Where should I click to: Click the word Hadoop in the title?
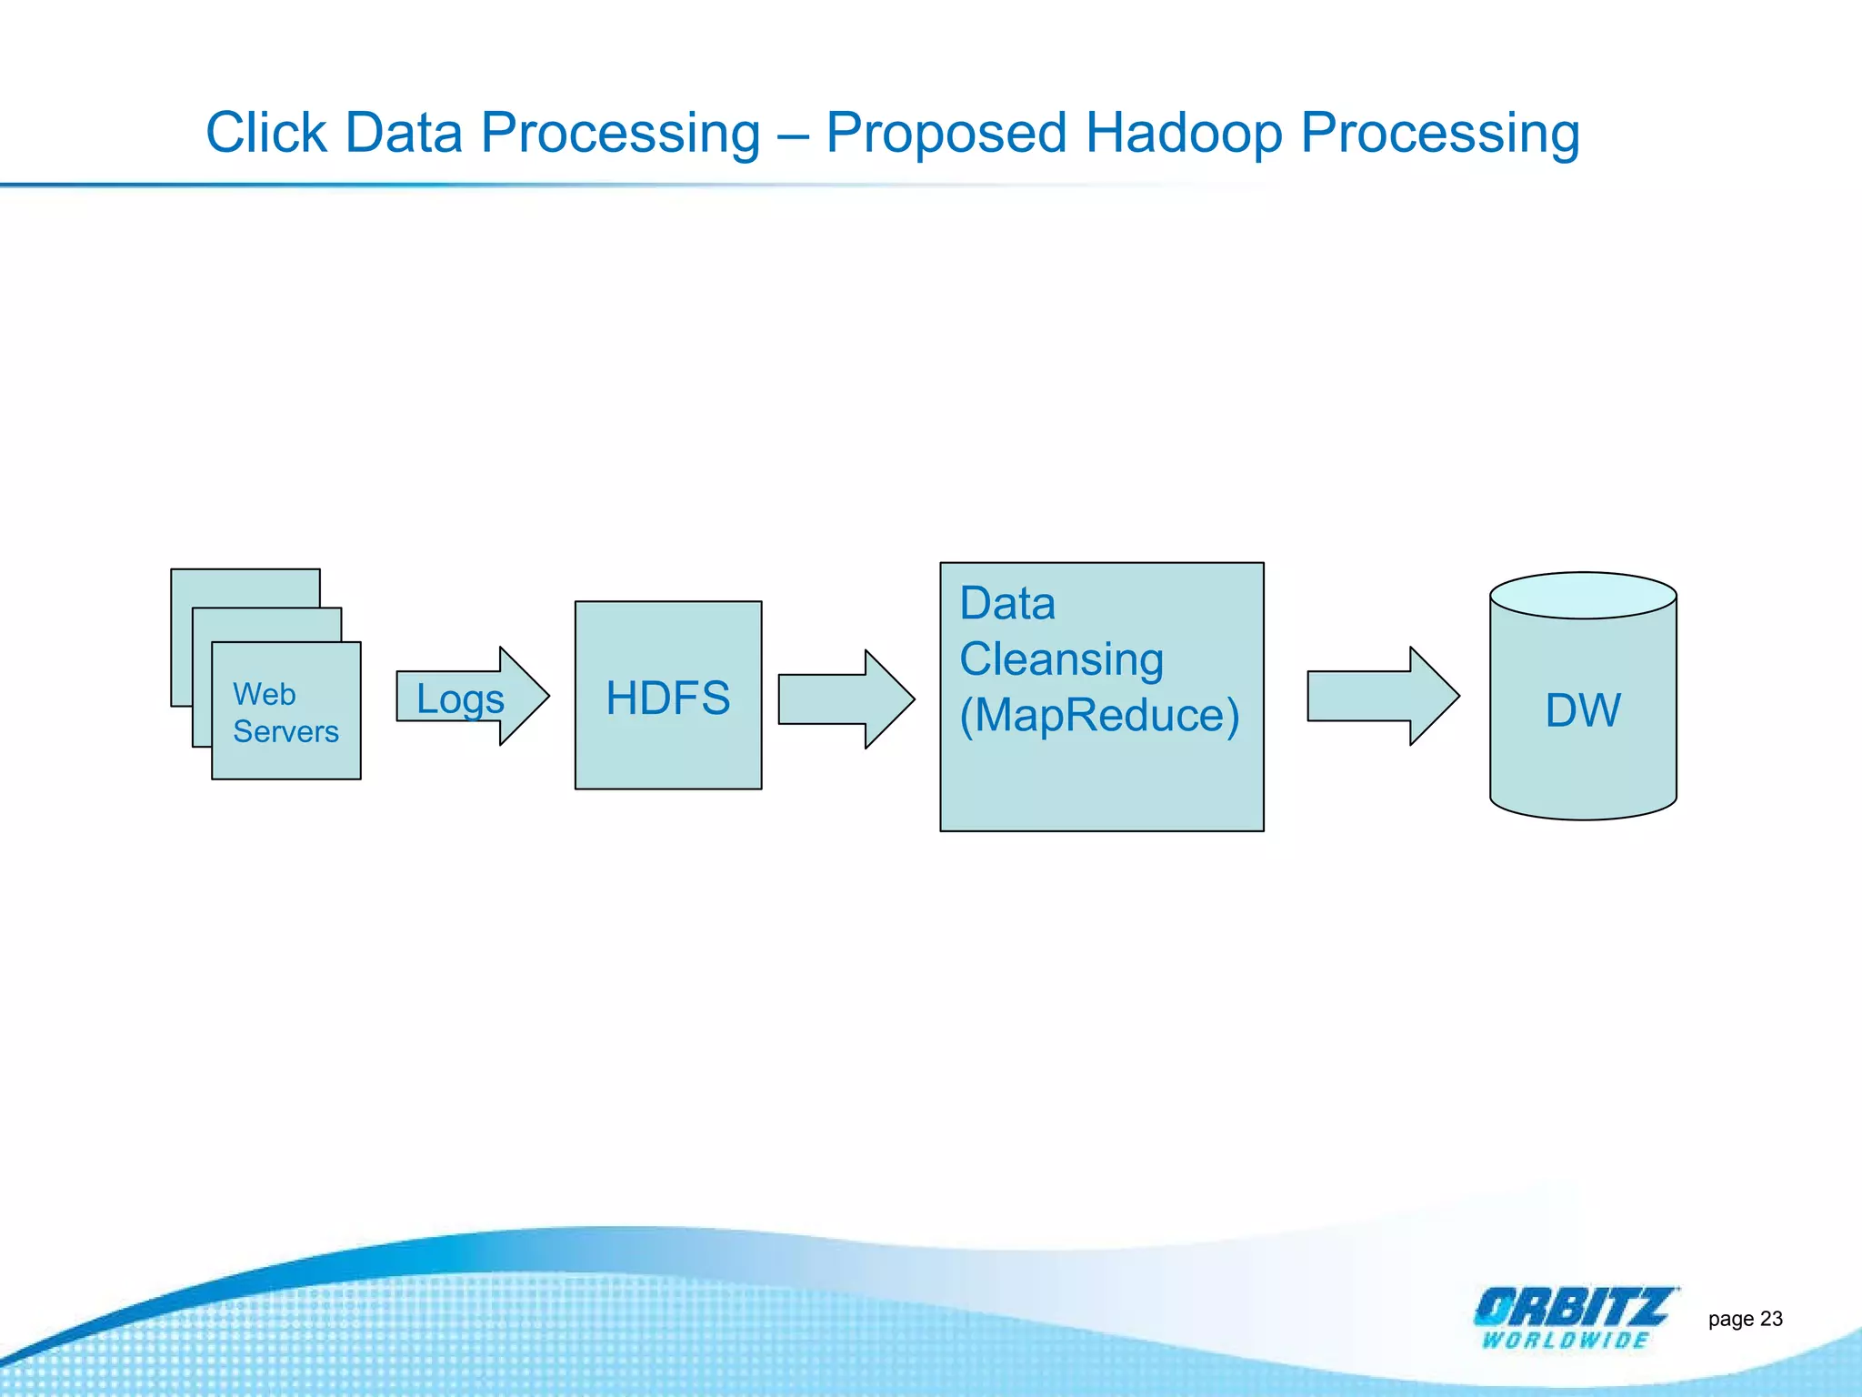click(1184, 133)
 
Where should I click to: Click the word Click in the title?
click(265, 133)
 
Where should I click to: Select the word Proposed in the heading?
click(946, 133)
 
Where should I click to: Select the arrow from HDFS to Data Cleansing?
click(846, 699)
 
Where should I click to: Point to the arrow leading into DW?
click(1382, 697)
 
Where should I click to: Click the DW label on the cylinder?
click(1583, 710)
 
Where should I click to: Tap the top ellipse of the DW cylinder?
click(1583, 596)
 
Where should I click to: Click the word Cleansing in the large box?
click(1061, 659)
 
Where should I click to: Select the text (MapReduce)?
click(1099, 715)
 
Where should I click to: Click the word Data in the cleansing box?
click(1007, 604)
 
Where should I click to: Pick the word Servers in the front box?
click(285, 731)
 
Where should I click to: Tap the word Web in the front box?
click(264, 694)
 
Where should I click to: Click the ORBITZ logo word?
click(1573, 1307)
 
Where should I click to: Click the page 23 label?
click(1745, 1319)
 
